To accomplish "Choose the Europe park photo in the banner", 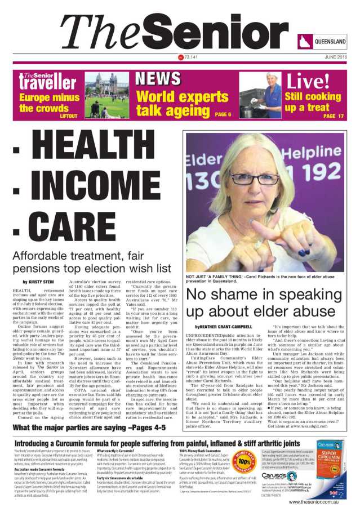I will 107,95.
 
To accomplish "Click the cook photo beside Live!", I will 260,95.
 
